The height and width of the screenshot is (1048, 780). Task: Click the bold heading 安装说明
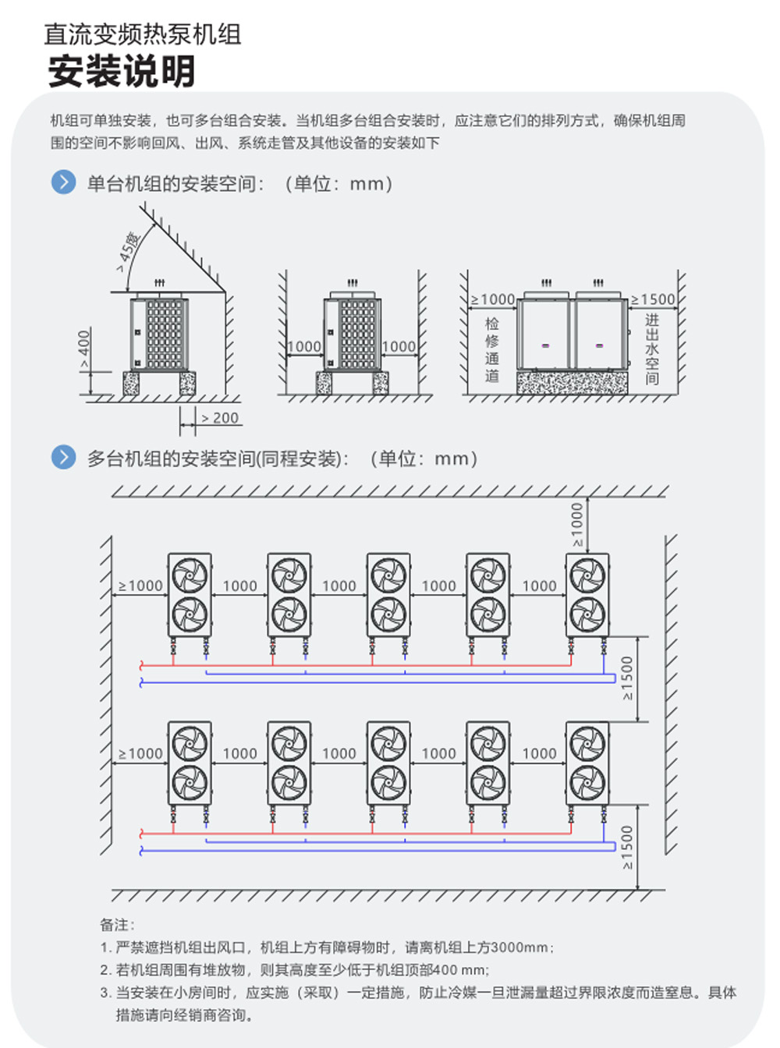pos(121,72)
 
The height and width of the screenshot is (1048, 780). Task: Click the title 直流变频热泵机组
pos(142,34)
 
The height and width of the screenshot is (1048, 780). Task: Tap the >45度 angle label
pos(129,251)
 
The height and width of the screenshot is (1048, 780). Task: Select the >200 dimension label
pos(220,419)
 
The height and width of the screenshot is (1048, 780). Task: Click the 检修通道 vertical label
pos(491,349)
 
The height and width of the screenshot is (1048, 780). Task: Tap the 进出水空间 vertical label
pos(652,349)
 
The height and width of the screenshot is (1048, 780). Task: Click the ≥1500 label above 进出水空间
pos(653,299)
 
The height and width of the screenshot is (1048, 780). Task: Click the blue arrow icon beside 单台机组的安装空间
pos(63,182)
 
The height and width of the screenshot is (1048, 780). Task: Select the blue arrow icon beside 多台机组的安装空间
pos(63,457)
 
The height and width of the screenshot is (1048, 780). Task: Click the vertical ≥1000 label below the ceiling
pos(577,524)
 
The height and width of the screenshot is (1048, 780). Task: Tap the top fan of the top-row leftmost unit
pos(190,575)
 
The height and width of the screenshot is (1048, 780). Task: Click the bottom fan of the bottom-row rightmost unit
pos(587,782)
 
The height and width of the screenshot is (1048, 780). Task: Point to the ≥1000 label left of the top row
pos(140,586)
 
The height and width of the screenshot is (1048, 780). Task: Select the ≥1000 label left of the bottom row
pos(140,753)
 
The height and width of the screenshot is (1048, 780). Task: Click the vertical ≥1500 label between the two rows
pos(628,678)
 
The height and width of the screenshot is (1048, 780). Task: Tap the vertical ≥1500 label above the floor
pos(628,847)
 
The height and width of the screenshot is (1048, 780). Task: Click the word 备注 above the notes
pos(117,925)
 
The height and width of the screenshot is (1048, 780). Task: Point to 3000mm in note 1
pos(520,947)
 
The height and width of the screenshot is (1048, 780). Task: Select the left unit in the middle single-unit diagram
pos(352,334)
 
